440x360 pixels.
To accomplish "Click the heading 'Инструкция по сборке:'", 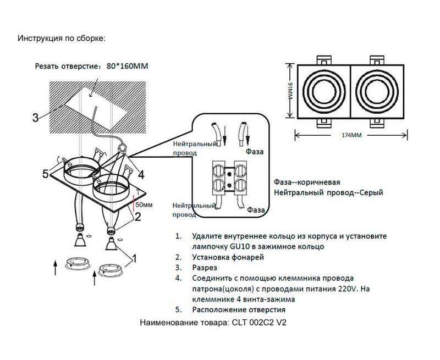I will pyautogui.click(x=61, y=38).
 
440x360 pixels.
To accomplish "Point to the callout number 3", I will pyautogui.click(x=35, y=117).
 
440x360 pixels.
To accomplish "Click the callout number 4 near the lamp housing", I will pyautogui.click(x=141, y=175).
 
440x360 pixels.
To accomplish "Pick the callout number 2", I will pyautogui.click(x=138, y=216).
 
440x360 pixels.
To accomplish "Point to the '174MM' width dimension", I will pyautogui.click(x=351, y=135).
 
